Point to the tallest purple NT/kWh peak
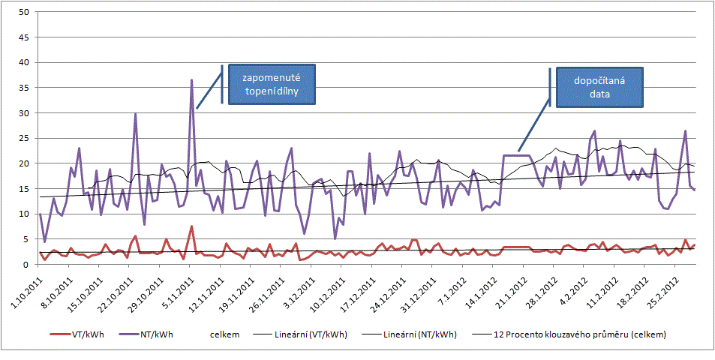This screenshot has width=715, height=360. click(191, 80)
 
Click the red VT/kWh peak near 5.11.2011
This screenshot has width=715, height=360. click(191, 226)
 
